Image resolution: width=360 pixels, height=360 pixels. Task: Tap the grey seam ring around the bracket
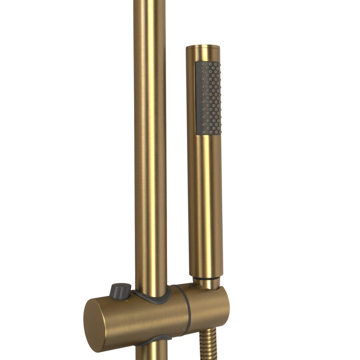click(187, 310)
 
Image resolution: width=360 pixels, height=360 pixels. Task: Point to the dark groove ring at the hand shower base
click(206, 278)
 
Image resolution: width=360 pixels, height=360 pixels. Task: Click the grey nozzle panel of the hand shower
click(208, 98)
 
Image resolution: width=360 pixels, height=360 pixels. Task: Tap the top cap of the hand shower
click(203, 47)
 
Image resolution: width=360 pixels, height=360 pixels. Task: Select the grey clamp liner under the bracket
click(154, 340)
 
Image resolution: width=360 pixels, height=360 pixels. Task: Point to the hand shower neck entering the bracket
click(207, 283)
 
